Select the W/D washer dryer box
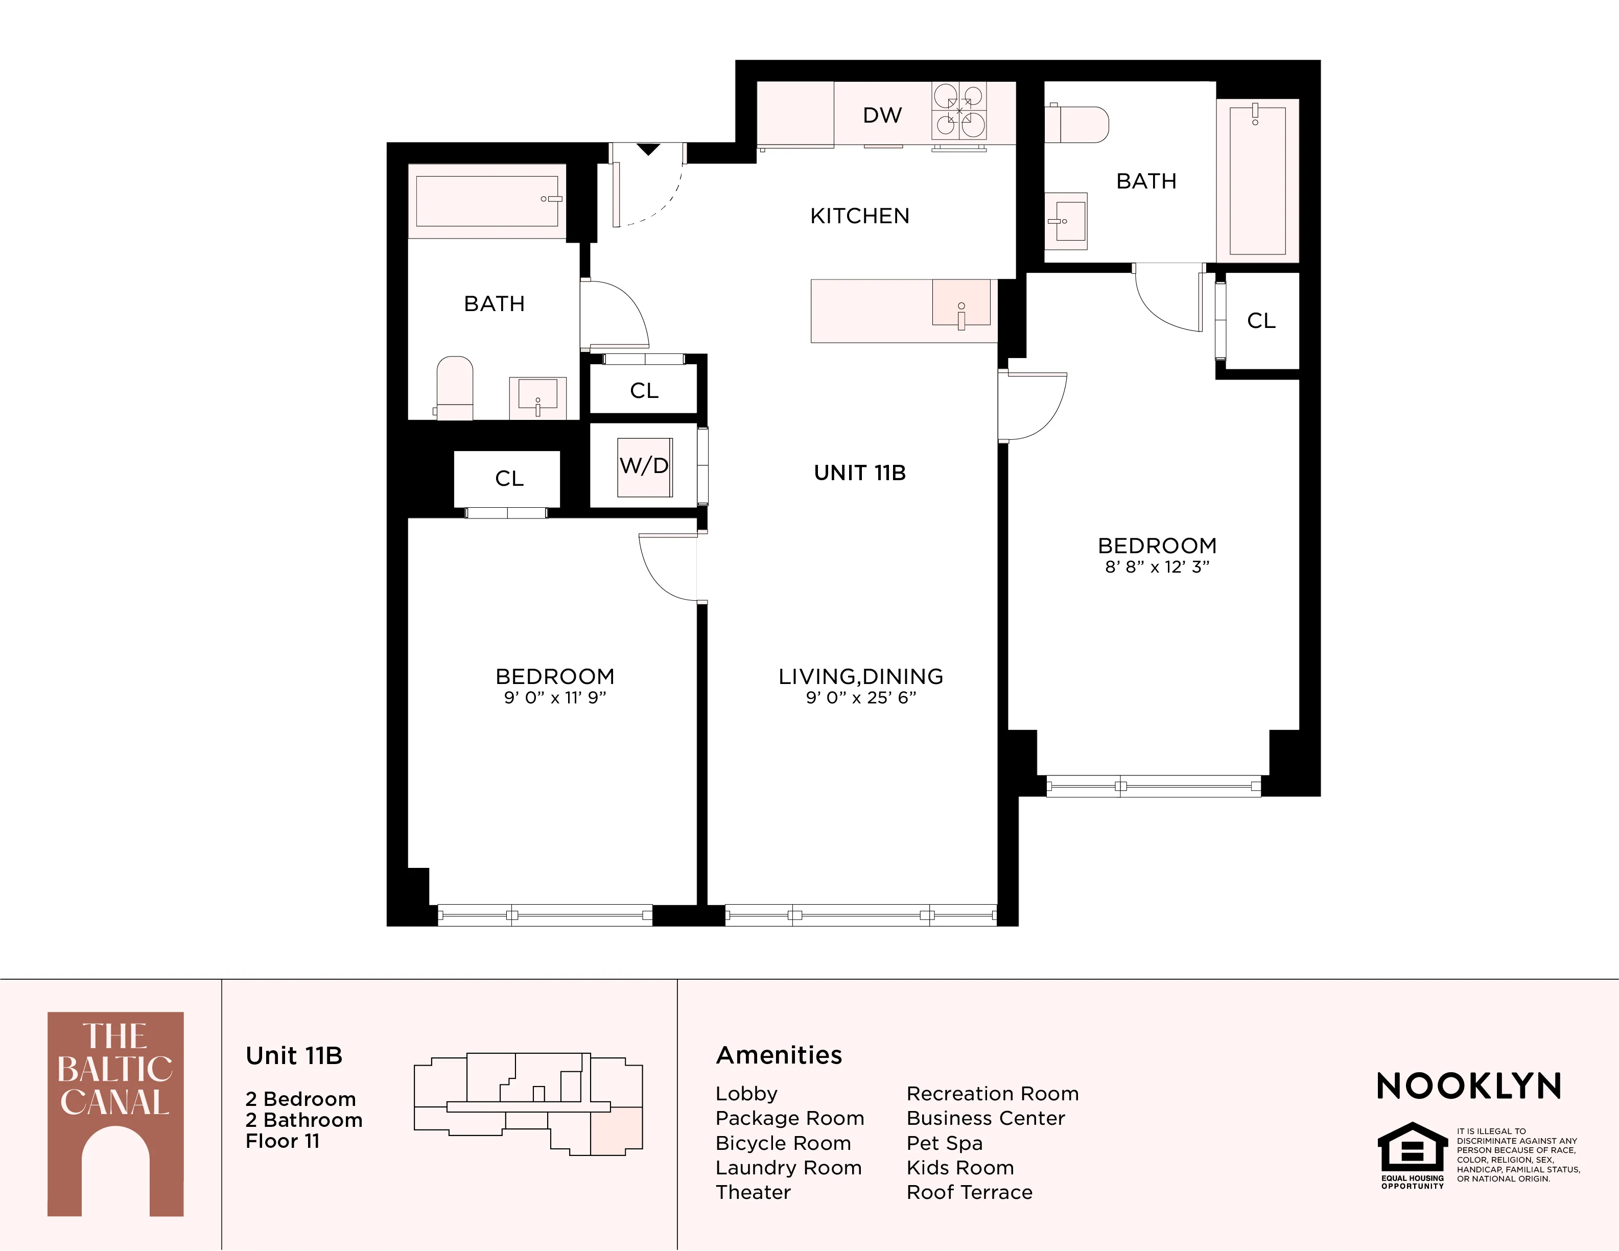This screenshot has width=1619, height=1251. (644, 466)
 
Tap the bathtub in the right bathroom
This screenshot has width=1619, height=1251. (1257, 180)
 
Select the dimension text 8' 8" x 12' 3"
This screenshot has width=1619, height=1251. (1157, 567)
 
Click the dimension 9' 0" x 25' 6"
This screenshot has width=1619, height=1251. (861, 697)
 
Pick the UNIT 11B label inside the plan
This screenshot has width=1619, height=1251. (860, 473)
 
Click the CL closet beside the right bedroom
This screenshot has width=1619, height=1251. (1261, 320)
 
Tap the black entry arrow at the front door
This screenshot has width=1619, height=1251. (649, 150)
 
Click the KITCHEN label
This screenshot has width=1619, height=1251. (859, 216)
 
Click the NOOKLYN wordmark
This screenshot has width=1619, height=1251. (1468, 1087)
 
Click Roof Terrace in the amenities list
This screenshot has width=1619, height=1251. (969, 1192)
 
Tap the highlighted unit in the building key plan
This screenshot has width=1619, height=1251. (615, 1131)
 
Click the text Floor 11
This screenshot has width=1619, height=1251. (283, 1141)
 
